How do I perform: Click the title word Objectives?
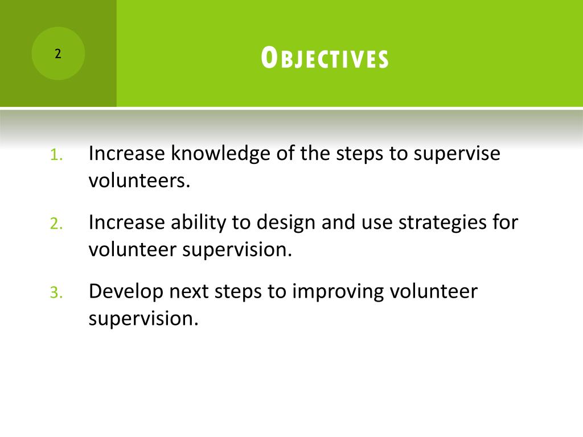325,58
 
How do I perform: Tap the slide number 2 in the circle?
58,54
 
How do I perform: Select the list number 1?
56,155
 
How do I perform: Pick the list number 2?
56,224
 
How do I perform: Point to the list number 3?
56,292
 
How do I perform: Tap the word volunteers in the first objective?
139,181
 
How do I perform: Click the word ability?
198,223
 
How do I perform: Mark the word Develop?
126,292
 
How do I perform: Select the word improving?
338,292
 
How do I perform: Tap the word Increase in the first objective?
127,154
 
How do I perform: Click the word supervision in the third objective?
143,319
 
